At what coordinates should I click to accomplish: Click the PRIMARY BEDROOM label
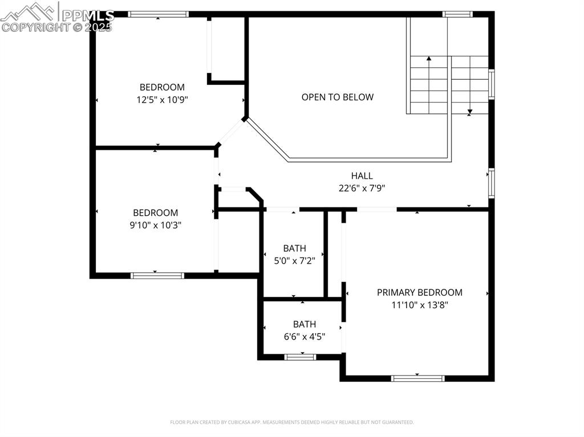(x=419, y=292)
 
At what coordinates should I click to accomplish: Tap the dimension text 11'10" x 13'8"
(x=419, y=305)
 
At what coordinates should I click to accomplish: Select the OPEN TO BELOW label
(x=338, y=97)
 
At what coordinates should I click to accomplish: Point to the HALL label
(x=362, y=176)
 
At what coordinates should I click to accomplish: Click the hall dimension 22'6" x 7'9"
(x=362, y=188)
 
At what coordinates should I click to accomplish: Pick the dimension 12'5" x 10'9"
(x=162, y=99)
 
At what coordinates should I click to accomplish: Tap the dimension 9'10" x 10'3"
(x=156, y=225)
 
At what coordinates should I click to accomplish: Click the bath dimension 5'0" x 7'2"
(x=294, y=260)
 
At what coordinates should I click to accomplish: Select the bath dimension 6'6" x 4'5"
(x=305, y=336)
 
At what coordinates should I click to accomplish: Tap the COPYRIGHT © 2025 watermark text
(x=57, y=27)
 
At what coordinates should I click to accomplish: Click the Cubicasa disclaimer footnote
(x=291, y=422)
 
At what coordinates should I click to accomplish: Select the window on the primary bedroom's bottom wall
(x=418, y=378)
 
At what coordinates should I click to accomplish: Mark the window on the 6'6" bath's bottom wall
(x=300, y=357)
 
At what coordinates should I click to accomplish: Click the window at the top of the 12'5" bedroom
(x=158, y=14)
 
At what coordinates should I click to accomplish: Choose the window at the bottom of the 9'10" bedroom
(x=157, y=276)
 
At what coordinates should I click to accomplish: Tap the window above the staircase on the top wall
(x=457, y=14)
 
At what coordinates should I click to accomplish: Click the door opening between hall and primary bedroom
(x=376, y=209)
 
